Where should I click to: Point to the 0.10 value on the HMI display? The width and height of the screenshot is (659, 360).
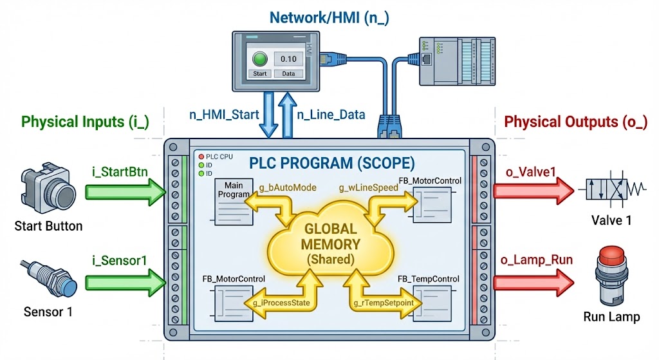tap(288, 59)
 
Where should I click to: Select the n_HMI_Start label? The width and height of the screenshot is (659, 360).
tap(224, 115)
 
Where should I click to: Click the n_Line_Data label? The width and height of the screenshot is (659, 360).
tap(331, 115)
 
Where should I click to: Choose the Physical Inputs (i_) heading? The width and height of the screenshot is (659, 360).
tap(85, 121)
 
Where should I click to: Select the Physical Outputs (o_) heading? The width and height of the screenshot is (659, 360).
tap(575, 121)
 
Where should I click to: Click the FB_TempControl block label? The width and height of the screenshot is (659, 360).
tap(428, 279)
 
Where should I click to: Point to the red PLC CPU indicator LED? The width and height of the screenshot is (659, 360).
tap(200, 156)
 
